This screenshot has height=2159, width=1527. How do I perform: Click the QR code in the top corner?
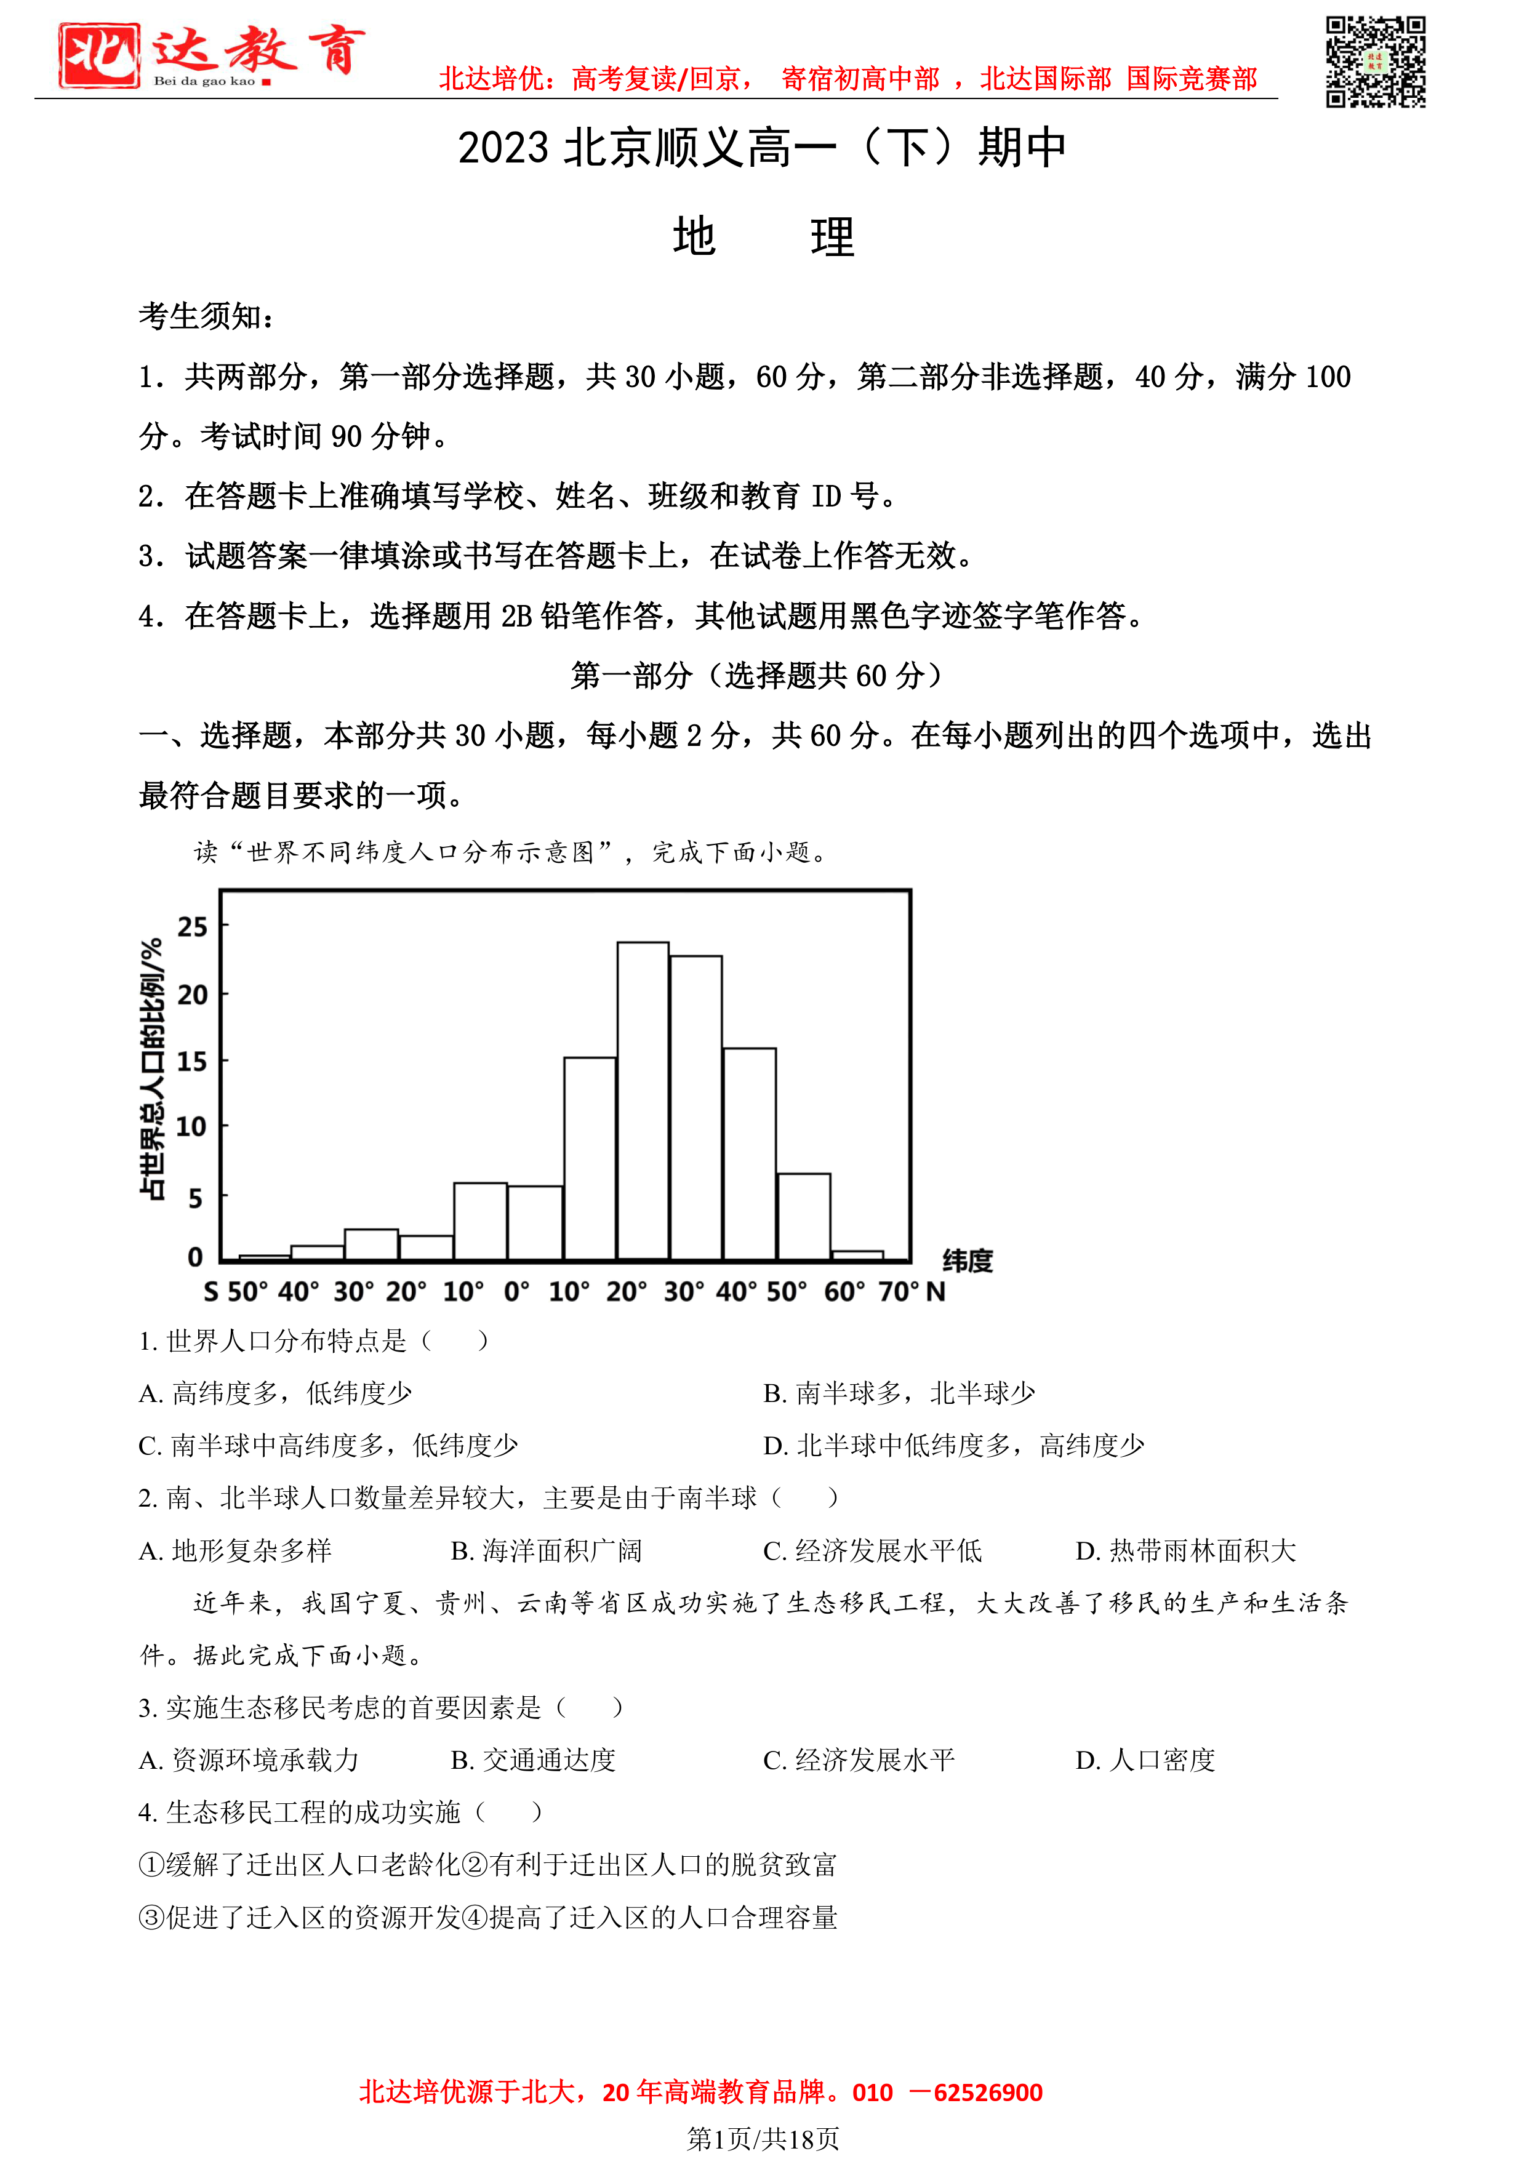[x=1375, y=62]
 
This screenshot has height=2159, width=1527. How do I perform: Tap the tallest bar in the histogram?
[x=643, y=1100]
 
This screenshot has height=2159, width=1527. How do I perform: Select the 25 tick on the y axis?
[x=192, y=927]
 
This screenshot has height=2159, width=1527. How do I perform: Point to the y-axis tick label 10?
[x=191, y=1126]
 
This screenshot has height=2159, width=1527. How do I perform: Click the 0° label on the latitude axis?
[x=516, y=1292]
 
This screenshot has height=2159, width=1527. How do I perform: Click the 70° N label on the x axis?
[x=910, y=1292]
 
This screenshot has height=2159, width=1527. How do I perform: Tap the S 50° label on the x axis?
[x=235, y=1292]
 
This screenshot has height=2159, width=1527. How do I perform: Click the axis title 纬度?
[x=968, y=1261]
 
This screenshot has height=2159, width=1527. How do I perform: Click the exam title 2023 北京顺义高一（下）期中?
[x=763, y=148]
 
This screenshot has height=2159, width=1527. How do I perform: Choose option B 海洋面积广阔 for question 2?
[x=547, y=1550]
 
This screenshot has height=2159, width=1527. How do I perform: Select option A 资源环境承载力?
[x=249, y=1760]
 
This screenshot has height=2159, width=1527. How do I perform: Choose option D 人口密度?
[x=1145, y=1760]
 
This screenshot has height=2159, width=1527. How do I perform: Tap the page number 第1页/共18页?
[x=763, y=2139]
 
